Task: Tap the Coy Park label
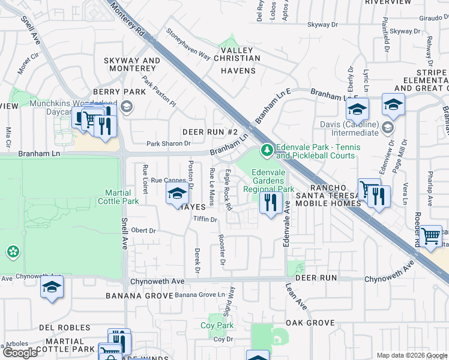[x=217, y=325]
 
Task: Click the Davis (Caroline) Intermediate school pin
[x=388, y=127]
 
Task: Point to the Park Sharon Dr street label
[x=169, y=143]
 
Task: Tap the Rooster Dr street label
[x=222, y=250]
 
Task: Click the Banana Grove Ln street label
[x=203, y=295]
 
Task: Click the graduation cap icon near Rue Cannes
[x=177, y=193]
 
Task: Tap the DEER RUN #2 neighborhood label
[x=211, y=131]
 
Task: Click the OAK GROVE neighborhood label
[x=310, y=323]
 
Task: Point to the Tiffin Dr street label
[x=205, y=220]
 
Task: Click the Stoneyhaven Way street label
[x=188, y=46]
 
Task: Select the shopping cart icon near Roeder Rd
[x=430, y=236]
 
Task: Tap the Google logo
[x=20, y=352]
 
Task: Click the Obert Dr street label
[x=143, y=230]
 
